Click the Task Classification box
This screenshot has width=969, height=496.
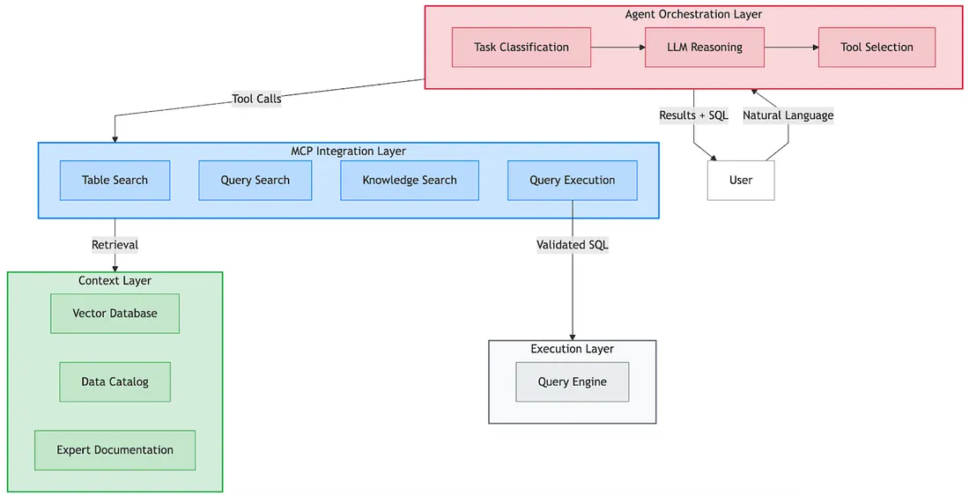pos(521,48)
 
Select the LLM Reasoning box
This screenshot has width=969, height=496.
pos(705,48)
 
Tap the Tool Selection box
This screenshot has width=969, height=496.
pos(877,48)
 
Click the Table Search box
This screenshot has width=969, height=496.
pos(115,181)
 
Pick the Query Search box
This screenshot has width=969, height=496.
pos(255,181)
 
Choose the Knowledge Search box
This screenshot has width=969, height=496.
pos(410,181)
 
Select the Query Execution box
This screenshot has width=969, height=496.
pos(573,181)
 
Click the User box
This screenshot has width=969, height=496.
pos(741,181)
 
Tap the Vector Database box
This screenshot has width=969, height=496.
pos(115,314)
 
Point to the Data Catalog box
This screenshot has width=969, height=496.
pos(115,382)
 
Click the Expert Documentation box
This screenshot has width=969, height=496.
pos(115,450)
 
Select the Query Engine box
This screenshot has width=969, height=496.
pos(573,382)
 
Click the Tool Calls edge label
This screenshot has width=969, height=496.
pos(256,99)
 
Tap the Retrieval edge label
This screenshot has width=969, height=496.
pos(115,245)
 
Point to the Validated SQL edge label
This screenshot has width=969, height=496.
pos(573,245)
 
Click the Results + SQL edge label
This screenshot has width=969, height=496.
pos(694,115)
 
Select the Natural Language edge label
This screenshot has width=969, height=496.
pos(788,115)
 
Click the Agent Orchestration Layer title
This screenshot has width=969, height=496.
pos(693,14)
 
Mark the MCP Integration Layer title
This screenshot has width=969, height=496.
pos(348,152)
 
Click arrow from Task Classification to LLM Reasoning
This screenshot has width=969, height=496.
pos(618,48)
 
